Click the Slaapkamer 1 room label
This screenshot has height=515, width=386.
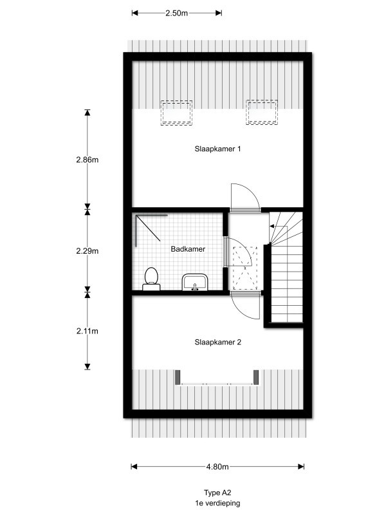(217, 149)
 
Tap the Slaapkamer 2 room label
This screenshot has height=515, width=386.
(217, 342)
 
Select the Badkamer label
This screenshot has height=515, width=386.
(188, 249)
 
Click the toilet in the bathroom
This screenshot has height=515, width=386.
(151, 279)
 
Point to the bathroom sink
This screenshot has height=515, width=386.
(195, 282)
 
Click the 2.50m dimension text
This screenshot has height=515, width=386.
(176, 13)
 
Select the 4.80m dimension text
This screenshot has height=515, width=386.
(217, 466)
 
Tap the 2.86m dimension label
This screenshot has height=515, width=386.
(87, 160)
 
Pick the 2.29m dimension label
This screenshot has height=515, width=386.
(87, 251)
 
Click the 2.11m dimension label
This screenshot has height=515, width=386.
(87, 331)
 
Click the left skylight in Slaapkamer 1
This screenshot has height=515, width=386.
(176, 113)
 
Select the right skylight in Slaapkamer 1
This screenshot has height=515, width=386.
(262, 112)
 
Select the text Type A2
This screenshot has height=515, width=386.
(217, 492)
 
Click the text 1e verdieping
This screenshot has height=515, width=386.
(217, 503)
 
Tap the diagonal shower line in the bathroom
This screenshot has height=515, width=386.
(148, 229)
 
